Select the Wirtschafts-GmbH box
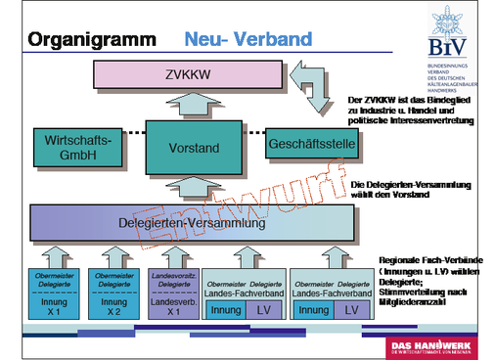tap(72, 149)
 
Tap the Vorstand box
tap(187, 149)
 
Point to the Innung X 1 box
tap(53, 293)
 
